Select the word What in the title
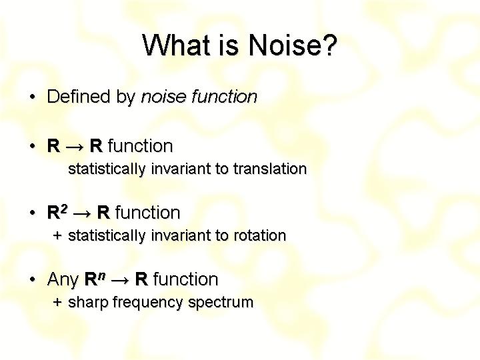pos(175,45)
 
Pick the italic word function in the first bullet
pos(225,97)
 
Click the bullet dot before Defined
pos(33,97)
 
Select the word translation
pos(270,169)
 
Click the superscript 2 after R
pos(63,209)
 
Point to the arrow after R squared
pos(82,214)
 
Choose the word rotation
pos(260,235)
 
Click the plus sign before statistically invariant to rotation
pos(57,235)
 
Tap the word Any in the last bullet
pos(63,279)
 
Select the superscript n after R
pos(102,276)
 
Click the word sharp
pos(88,303)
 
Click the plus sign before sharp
pos(57,302)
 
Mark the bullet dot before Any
pos(33,279)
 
